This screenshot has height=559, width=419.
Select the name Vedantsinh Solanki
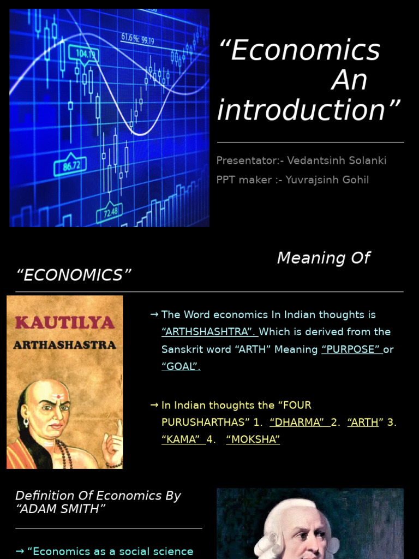337,160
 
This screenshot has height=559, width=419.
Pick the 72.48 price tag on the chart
111,212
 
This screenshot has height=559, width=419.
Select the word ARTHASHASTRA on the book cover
64,345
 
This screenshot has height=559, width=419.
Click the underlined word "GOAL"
181,367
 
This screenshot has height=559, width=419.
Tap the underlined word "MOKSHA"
253,439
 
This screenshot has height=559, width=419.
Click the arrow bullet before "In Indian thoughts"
154,405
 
